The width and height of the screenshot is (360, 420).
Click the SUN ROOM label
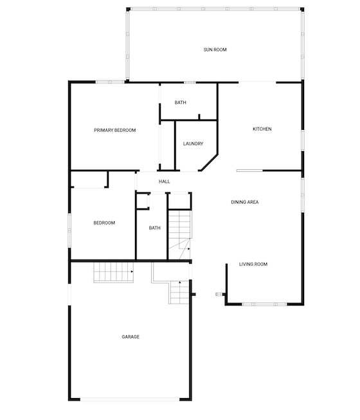pos(215,50)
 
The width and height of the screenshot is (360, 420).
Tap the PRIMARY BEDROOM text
pos(115,130)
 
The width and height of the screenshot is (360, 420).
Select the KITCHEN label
pos(262,129)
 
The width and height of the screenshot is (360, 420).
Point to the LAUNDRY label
pos(193,143)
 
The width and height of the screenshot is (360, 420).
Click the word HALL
pos(164,181)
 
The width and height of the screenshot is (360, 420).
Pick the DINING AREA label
pos(245,202)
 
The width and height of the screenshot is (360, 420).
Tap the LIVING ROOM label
pos(253,264)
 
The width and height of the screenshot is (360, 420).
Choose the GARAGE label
pos(130,336)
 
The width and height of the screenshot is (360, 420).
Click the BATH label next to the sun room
pos(180,102)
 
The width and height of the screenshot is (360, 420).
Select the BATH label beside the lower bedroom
pos(154,228)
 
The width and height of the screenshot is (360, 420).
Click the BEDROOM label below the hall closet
pos(104,223)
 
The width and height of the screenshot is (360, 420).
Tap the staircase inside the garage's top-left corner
pos(114,272)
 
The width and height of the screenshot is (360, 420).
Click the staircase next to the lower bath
pos(179,235)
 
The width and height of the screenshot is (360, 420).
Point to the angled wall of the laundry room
pos(210,162)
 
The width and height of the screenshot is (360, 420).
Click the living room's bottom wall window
pos(264,304)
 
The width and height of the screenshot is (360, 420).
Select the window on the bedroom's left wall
pos(69,230)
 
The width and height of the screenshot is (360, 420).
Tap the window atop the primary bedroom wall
pos(110,82)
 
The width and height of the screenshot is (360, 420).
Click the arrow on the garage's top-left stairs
pos(132,271)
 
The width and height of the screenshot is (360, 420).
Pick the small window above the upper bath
pos(190,82)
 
